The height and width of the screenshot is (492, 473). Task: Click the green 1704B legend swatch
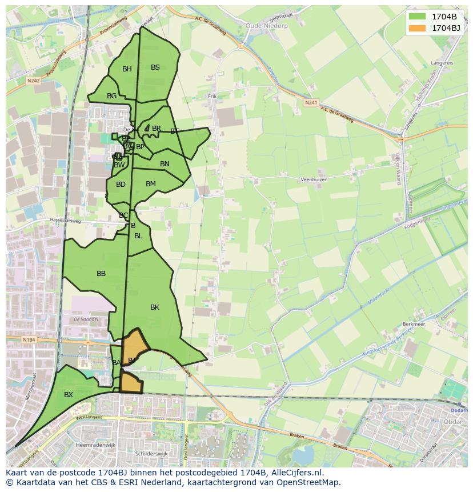coord(418,17)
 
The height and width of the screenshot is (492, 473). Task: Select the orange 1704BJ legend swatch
coord(418,28)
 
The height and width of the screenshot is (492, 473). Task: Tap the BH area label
coord(127,69)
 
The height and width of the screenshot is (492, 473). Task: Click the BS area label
coord(155,67)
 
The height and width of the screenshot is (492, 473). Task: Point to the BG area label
coord(112,96)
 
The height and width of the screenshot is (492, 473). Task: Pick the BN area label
coord(165,164)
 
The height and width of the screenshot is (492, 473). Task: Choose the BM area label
coord(151,184)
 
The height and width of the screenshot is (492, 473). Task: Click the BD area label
coord(121,185)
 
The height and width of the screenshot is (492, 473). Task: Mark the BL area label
coord(138,236)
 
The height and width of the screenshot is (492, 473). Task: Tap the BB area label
coord(101,274)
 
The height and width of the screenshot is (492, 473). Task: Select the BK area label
coord(155,307)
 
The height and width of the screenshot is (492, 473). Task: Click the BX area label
coord(69,395)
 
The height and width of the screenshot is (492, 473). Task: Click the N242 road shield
coord(33,81)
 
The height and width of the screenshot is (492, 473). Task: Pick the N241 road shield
coord(311,102)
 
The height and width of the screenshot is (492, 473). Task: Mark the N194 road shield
coord(29,340)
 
